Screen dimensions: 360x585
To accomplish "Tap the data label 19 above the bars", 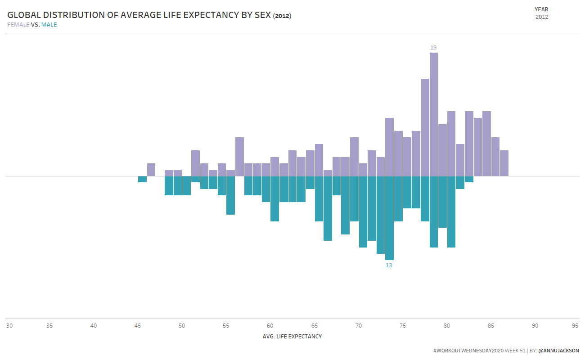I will [x=433, y=47].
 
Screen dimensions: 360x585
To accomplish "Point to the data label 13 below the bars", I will [x=389, y=265].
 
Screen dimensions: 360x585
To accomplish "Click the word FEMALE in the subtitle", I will [x=18, y=25].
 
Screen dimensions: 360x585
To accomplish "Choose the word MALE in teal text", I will [x=49, y=25].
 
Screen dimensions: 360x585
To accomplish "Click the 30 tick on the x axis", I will [x=9, y=326].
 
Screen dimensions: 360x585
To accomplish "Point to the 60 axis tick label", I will [x=270, y=326].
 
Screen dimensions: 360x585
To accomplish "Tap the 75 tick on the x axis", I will [x=403, y=326].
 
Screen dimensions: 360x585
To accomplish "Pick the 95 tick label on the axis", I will [x=575, y=326].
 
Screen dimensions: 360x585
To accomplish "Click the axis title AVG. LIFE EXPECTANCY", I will [x=292, y=337].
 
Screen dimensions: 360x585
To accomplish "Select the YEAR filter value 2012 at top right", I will [x=542, y=17].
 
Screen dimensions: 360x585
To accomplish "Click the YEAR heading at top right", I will [x=541, y=9].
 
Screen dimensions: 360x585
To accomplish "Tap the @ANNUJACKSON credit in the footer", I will [x=558, y=351].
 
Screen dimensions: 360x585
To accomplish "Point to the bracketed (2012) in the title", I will [x=282, y=16].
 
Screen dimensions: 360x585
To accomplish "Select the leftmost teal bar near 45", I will [x=142, y=179].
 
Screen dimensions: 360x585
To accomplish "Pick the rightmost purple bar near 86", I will [x=504, y=163].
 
